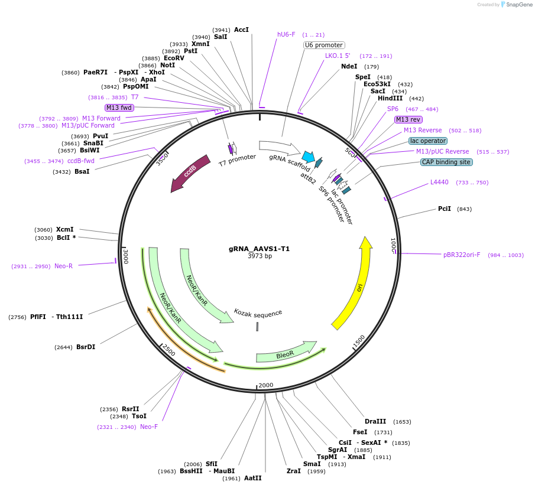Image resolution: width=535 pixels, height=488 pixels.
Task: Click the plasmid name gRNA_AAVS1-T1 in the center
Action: point(260,249)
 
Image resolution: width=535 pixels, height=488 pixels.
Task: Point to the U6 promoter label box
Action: point(324,45)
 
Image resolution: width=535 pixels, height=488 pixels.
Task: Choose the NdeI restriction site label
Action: point(349,66)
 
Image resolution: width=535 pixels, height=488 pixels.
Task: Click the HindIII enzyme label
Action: point(390,99)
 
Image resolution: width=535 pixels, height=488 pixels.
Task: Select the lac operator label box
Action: point(428,141)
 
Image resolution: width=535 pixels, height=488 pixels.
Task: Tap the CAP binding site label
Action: point(446,162)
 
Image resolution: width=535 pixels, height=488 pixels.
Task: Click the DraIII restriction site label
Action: point(375,421)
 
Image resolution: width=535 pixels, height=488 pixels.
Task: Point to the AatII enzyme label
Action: point(252,478)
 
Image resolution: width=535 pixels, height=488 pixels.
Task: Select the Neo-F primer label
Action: point(149,427)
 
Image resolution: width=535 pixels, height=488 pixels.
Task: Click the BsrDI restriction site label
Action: point(86,347)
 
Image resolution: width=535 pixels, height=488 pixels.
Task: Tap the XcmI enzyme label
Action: point(65,229)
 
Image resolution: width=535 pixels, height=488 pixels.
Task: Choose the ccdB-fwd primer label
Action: point(81,161)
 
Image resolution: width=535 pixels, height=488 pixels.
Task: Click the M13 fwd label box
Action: point(119,108)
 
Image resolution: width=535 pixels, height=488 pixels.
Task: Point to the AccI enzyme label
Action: point(241,30)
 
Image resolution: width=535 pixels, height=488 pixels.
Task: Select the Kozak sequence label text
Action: point(258,313)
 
